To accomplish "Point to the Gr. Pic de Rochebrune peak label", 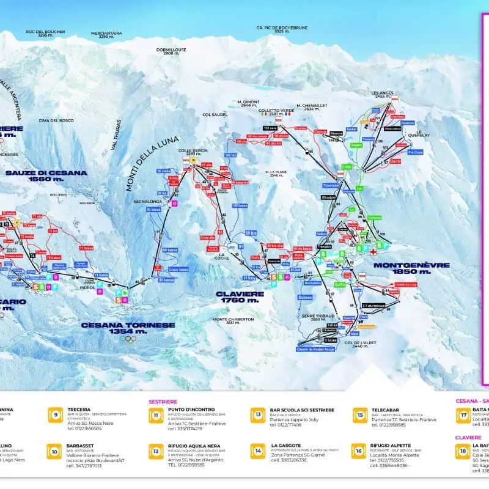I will click(x=281, y=29).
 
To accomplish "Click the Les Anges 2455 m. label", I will click(x=382, y=94).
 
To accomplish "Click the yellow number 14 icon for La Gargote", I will click(x=258, y=450).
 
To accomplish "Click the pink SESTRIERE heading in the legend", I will click(x=163, y=402).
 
